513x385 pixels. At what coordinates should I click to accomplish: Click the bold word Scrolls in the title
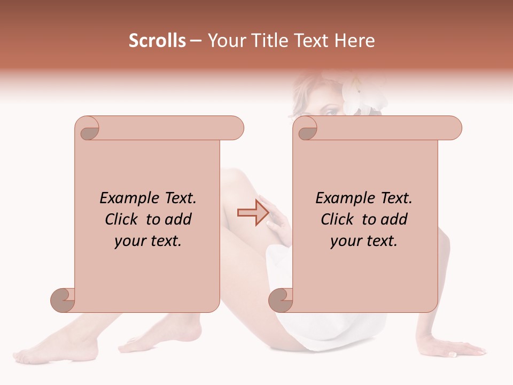tap(158, 41)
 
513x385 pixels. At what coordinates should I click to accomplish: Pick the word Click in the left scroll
tap(123, 219)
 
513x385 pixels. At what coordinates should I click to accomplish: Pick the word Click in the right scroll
tap(339, 219)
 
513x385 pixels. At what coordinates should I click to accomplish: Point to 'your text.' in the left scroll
tap(147, 241)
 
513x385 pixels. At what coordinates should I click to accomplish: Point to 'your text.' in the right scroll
tap(363, 241)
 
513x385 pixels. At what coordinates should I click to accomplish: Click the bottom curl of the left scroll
tap(63, 300)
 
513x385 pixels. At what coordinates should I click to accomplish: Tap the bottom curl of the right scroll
tap(281, 300)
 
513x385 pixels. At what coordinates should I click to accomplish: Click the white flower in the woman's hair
tap(359, 94)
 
